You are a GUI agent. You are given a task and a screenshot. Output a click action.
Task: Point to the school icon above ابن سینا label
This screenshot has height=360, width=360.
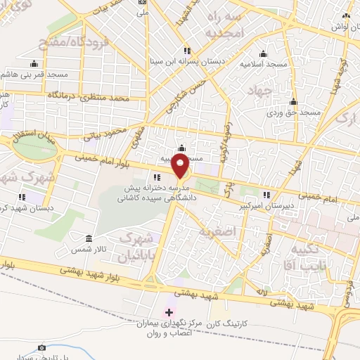(x=186, y=51)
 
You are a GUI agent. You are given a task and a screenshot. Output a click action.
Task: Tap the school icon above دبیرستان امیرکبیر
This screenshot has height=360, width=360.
(x=266, y=195)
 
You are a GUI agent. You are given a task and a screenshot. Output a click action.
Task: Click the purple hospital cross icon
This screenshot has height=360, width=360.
(x=168, y=311)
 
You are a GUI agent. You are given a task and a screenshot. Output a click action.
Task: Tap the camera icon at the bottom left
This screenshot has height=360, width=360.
(x=41, y=347)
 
